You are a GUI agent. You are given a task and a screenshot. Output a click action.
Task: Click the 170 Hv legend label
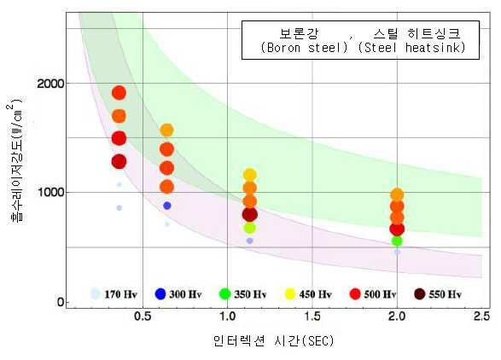point(120,293)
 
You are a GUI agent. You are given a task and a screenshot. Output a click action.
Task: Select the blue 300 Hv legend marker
point(160,293)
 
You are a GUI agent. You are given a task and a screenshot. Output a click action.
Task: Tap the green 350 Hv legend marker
point(225,293)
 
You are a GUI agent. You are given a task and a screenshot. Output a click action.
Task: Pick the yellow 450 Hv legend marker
point(290,293)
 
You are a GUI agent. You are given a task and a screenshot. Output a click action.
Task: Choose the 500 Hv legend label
point(380,293)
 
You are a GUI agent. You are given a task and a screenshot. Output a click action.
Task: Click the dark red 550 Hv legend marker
point(420,293)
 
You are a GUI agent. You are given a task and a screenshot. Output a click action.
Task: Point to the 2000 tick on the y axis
point(50,84)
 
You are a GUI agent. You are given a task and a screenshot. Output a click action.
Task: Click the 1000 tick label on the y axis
point(50,192)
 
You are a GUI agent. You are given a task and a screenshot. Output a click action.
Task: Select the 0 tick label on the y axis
point(61,302)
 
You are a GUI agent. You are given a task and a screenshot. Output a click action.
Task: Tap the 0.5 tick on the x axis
point(143,316)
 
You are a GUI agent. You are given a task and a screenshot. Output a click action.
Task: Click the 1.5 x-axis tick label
point(312,316)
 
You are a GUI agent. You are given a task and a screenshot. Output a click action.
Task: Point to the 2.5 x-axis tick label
point(481,316)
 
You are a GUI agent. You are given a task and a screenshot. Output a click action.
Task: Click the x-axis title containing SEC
point(273,341)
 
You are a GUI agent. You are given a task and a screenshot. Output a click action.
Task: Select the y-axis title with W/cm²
point(16,160)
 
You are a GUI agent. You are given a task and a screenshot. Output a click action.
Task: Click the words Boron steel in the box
point(304,48)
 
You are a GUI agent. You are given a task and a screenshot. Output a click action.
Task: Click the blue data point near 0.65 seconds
point(167,206)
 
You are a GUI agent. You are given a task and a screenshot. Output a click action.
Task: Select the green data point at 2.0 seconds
point(397,241)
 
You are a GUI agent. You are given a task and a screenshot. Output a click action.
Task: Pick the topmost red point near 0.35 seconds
point(119,93)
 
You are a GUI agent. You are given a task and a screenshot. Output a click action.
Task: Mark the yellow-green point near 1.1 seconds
point(250,228)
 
